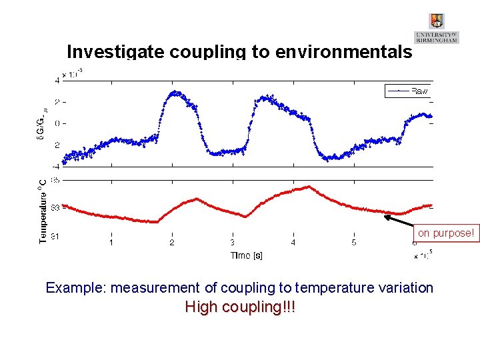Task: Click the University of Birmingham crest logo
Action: (x=437, y=21)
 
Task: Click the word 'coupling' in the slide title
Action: (x=202, y=51)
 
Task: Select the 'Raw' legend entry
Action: (x=420, y=90)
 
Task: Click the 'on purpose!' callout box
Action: (x=446, y=233)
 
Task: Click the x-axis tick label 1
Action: (x=111, y=243)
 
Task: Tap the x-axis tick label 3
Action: (x=232, y=243)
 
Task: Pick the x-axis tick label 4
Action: (x=293, y=243)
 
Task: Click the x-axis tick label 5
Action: (x=354, y=243)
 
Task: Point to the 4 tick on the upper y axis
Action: (x=57, y=79)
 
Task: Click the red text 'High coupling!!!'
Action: (x=240, y=307)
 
